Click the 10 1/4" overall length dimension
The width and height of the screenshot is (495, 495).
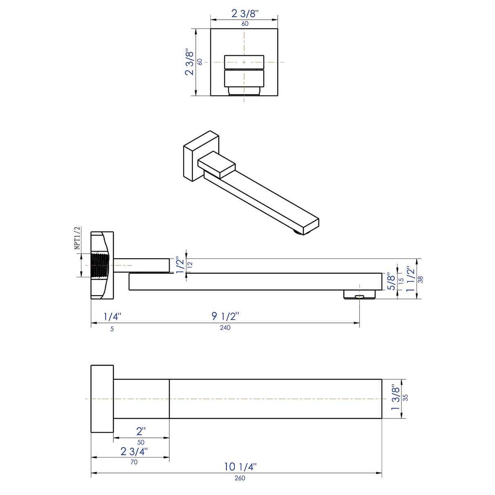tap(240, 466)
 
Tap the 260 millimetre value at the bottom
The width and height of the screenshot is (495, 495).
tap(240, 478)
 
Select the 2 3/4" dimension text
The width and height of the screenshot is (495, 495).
tap(134, 451)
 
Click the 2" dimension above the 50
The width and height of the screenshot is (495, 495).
tap(141, 431)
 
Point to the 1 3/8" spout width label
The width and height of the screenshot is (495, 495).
tap(395, 398)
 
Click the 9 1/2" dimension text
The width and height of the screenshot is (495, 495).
tap(225, 316)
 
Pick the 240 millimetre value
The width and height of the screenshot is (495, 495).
tap(225, 328)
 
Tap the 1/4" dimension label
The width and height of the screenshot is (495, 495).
tap(112, 316)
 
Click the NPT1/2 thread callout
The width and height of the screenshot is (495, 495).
tap(77, 238)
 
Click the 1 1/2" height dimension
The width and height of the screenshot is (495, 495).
tap(410, 278)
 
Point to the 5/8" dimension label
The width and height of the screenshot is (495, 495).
tap(391, 282)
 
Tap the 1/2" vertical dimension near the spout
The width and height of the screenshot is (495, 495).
tap(180, 265)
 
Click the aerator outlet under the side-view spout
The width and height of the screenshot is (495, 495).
tap(359, 294)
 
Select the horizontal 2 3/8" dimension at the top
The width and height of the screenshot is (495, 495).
tap(245, 13)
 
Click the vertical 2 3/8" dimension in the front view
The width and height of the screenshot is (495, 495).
tap(190, 62)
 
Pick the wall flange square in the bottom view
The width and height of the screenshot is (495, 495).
tap(102, 398)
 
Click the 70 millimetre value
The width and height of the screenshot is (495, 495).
tap(134, 462)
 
